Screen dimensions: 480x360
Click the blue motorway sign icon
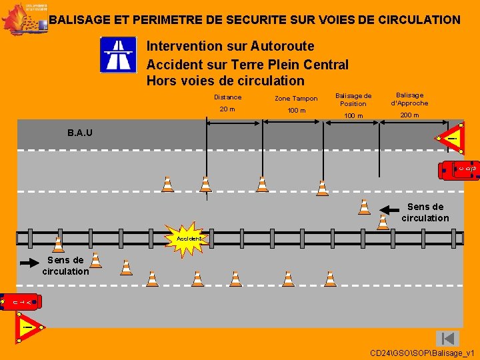[x=118, y=55]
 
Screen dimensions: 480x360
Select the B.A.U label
[x=80, y=133]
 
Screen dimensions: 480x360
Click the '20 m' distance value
[x=227, y=109]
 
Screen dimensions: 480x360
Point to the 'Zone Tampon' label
[x=296, y=99]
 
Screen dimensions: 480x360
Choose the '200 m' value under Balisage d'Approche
[x=409, y=115]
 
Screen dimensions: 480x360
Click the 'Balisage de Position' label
[x=353, y=99]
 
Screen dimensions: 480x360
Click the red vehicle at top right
[x=459, y=170]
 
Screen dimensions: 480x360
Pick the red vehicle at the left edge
[x=20, y=302]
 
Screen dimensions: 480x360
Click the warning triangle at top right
[x=451, y=138]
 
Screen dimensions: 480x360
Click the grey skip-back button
[x=447, y=339]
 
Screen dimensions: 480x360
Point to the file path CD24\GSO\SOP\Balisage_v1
[x=422, y=352]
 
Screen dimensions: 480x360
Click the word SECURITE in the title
[x=249, y=20]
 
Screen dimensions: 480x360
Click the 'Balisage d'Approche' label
[x=409, y=99]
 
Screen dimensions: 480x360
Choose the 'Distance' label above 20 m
[x=227, y=97]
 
